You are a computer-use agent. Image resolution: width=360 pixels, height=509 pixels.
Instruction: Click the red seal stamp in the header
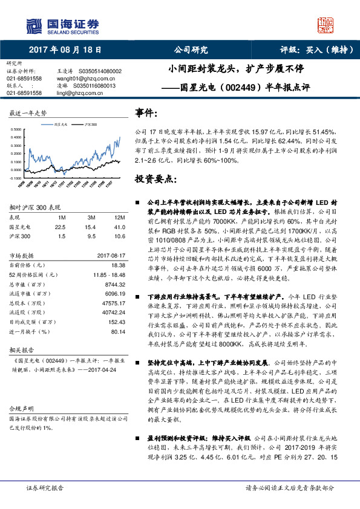click(x=327, y=25)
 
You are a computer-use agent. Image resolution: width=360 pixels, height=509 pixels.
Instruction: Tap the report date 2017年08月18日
click(x=65, y=50)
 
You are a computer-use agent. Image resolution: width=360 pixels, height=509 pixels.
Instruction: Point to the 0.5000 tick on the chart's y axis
click(x=16, y=130)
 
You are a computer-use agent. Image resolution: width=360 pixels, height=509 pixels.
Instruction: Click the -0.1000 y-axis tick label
click(x=15, y=179)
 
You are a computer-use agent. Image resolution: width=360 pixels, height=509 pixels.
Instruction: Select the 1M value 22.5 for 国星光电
click(x=59, y=226)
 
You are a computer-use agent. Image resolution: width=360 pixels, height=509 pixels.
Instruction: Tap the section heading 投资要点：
click(x=156, y=180)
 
